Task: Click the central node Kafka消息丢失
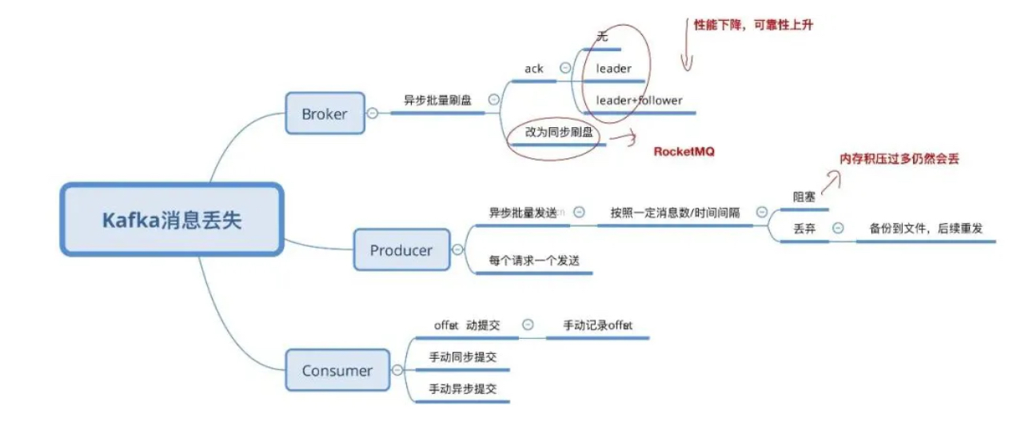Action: coord(172,220)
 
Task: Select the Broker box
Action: coord(325,113)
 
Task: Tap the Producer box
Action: coord(401,250)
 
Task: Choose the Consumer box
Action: coord(337,370)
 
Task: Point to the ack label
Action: coord(534,69)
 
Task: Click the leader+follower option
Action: coord(639,100)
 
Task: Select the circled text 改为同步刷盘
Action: coord(560,133)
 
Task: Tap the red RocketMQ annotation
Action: coord(684,151)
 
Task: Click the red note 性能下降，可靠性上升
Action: coord(752,25)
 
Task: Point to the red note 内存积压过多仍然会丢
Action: coord(898,159)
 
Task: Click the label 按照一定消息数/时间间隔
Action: coord(675,213)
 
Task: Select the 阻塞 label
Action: coord(804,197)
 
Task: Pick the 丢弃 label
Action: coord(804,229)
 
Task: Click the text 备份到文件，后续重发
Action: coord(925,229)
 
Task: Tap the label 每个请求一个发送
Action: coord(533,261)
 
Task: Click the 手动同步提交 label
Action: coord(462,357)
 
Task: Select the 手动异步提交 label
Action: coord(462,389)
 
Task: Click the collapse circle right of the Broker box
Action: coord(372,113)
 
